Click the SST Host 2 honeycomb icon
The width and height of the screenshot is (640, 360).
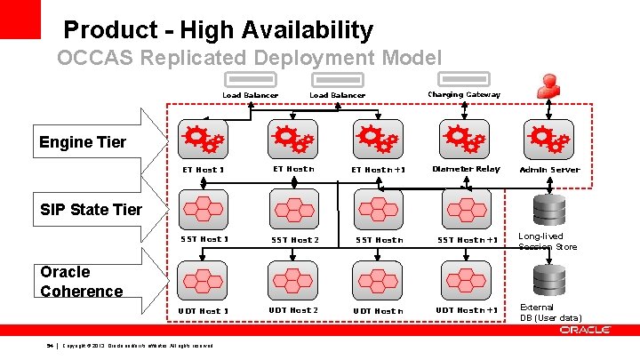pyautogui.click(x=293, y=208)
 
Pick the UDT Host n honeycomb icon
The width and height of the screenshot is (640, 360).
pyautogui.click(x=378, y=278)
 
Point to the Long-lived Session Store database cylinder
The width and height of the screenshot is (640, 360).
pyautogui.click(x=548, y=210)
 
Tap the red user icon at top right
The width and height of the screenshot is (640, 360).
pyautogui.click(x=548, y=85)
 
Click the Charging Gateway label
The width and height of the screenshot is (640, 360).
pyautogui.click(x=463, y=94)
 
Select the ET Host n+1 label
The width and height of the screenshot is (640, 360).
pyautogui.click(x=378, y=170)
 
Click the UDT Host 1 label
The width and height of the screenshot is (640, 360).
pyautogui.click(x=204, y=310)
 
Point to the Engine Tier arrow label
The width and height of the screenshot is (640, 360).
pyautogui.click(x=83, y=142)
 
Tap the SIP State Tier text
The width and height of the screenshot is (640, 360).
pyautogui.click(x=91, y=210)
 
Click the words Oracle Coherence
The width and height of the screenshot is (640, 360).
pyautogui.click(x=81, y=282)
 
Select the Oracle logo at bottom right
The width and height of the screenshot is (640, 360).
pyautogui.click(x=585, y=330)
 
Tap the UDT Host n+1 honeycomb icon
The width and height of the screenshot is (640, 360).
pyautogui.click(x=465, y=278)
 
